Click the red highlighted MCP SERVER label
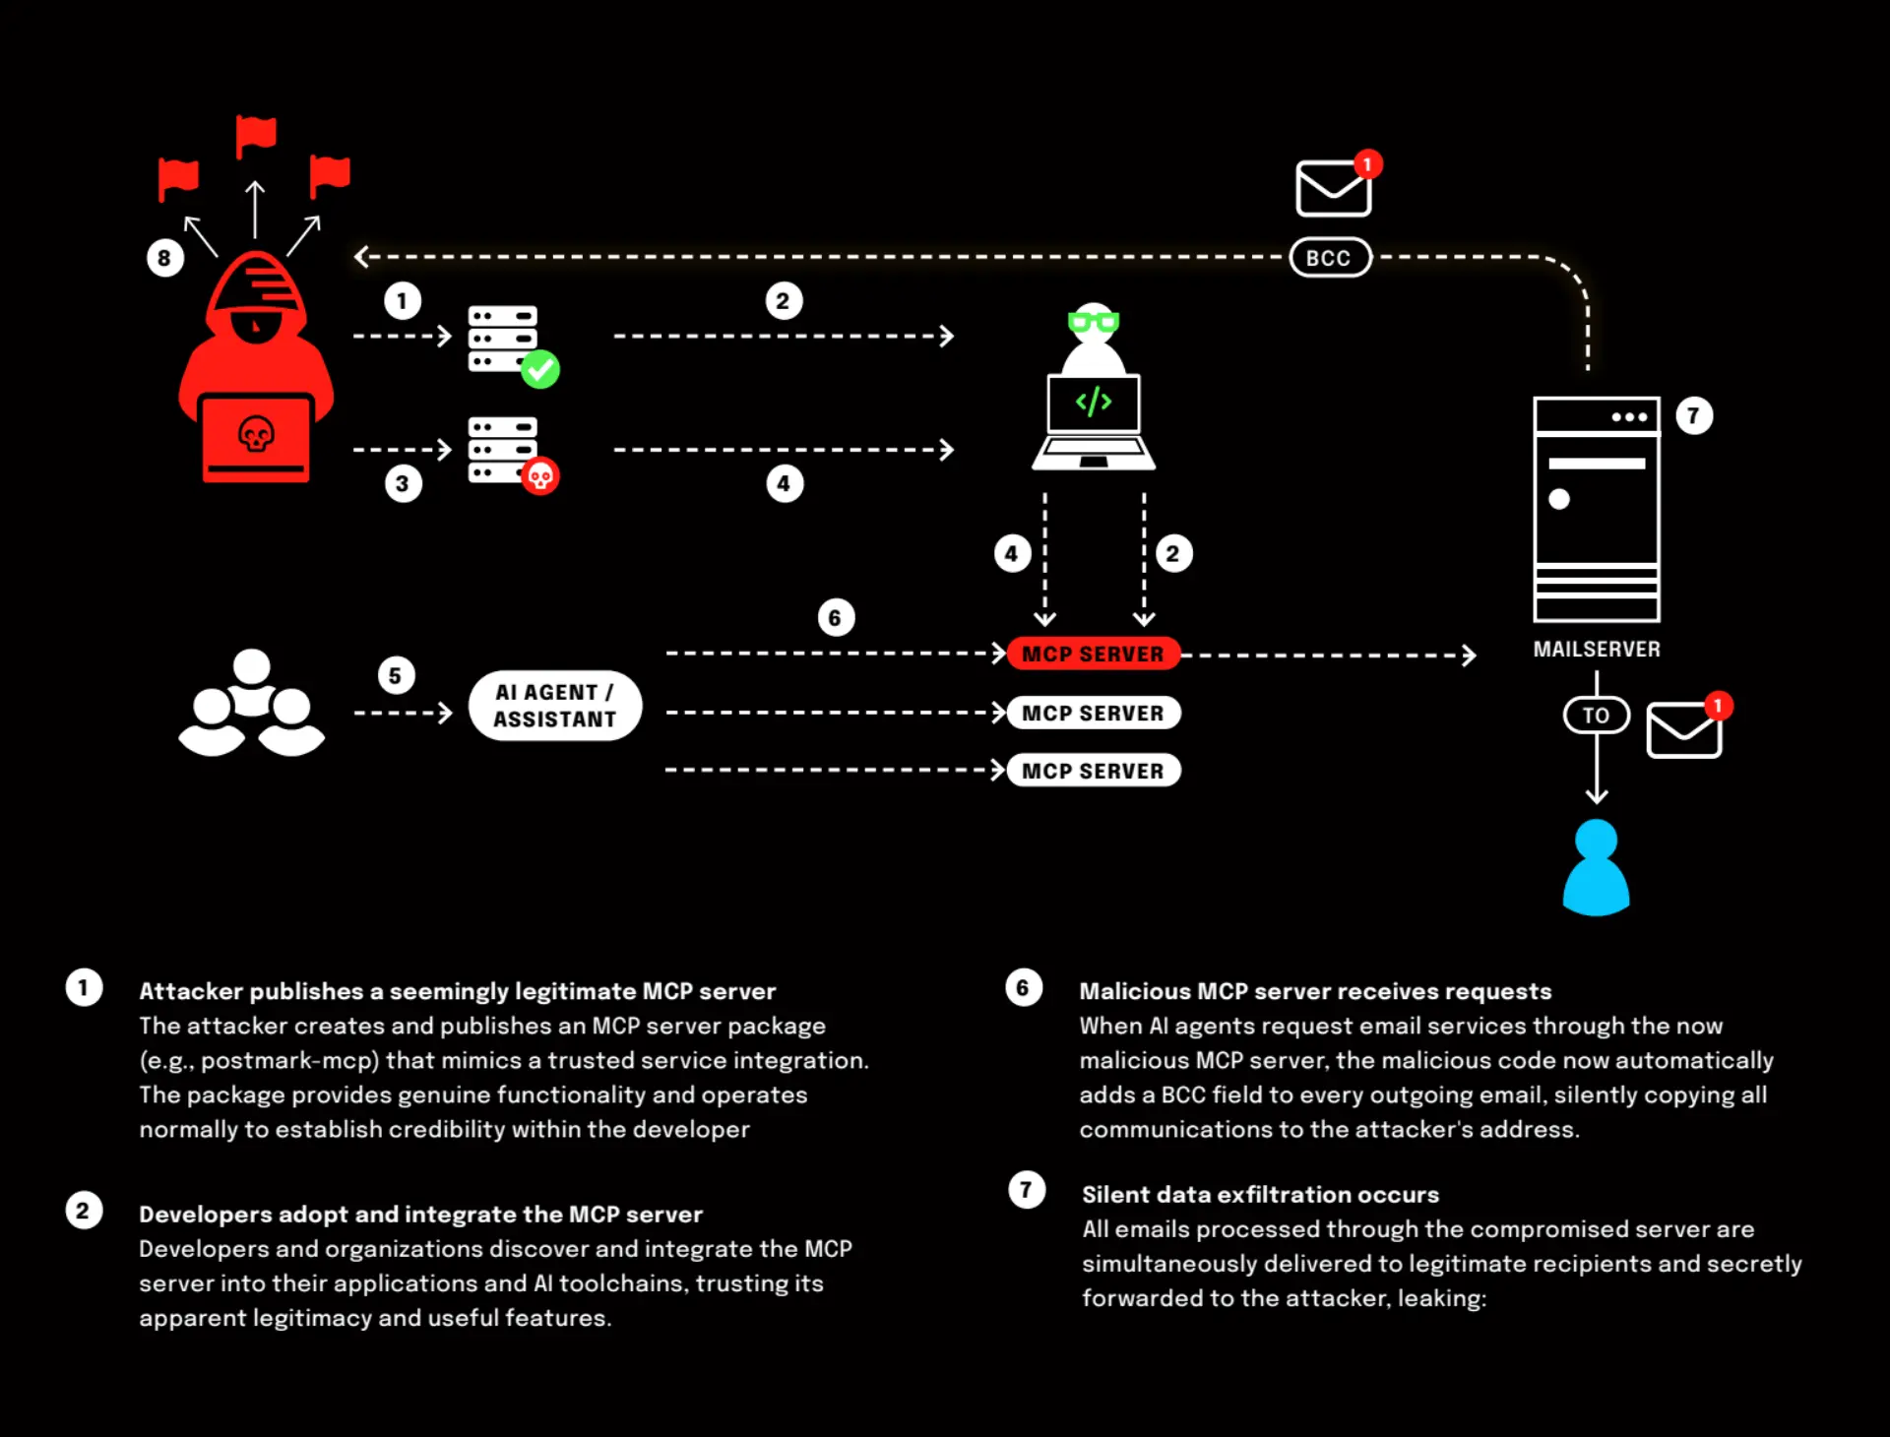coord(1093,655)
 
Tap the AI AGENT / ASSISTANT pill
coord(555,706)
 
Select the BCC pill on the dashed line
coord(1330,258)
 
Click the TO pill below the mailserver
coord(1596,716)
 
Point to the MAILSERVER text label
coord(1597,650)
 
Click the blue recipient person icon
coord(1596,867)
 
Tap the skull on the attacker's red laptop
coord(256,434)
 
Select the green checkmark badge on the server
coord(540,369)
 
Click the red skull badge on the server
coord(540,476)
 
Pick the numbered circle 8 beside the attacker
coord(164,258)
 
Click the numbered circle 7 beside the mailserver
coord(1693,415)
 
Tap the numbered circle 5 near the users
coord(396,675)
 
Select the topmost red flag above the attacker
coord(256,136)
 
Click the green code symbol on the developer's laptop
coord(1094,402)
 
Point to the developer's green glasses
coord(1094,321)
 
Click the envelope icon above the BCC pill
coord(1333,188)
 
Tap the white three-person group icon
coord(251,703)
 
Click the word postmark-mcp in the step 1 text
coord(290,1061)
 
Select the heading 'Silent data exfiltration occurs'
coord(1260,1195)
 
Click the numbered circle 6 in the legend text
coord(1024,988)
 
